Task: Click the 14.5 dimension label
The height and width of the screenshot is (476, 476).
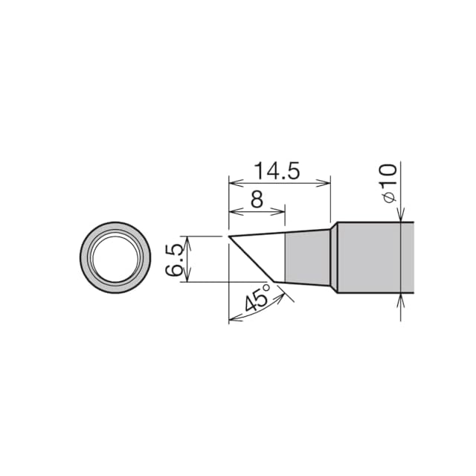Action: pos(277,170)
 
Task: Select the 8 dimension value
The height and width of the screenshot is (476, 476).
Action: pos(257,199)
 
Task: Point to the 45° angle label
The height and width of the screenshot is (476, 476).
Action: pos(257,297)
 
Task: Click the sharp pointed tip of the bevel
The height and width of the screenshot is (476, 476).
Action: pos(229,237)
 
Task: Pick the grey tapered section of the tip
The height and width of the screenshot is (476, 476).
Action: pos(307,258)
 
